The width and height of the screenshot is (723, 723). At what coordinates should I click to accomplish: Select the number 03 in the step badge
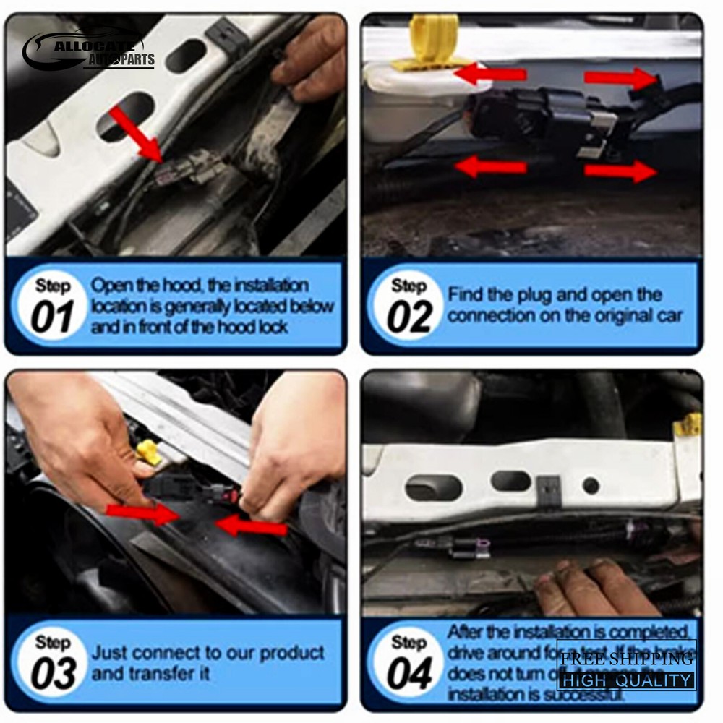[x=53, y=675]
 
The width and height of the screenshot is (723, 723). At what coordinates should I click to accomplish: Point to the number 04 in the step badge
[x=409, y=675]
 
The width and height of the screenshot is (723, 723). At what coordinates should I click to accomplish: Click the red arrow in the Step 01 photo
[x=137, y=134]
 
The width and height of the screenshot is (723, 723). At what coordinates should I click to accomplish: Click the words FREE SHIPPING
[x=626, y=659]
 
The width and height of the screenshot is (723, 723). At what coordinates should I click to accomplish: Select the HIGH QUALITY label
[x=626, y=680]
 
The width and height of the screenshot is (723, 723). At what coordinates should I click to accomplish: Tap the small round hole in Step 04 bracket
[x=591, y=485]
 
